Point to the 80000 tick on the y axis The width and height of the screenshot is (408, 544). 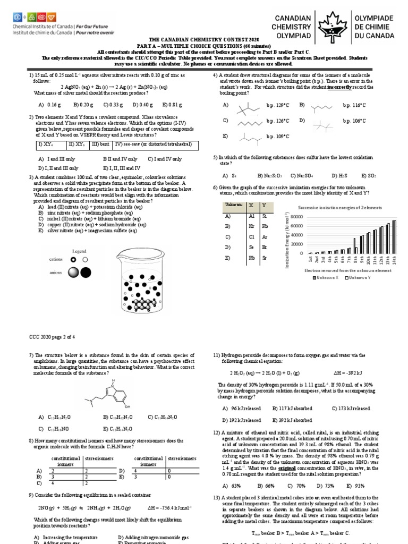tap(296, 216)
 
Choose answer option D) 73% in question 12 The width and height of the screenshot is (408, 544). tap(325, 486)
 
